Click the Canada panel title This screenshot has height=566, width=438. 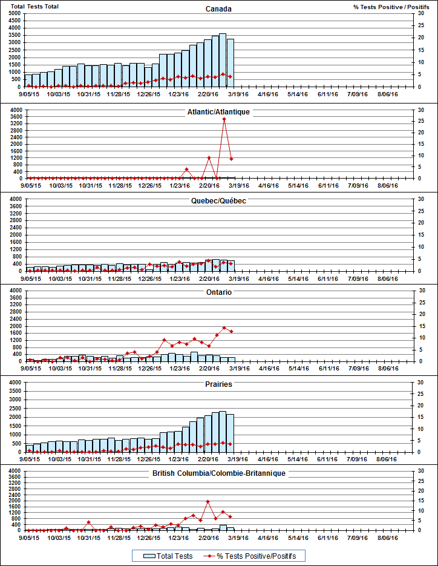pyautogui.click(x=218, y=8)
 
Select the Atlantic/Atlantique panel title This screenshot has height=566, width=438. pyautogui.click(x=218, y=112)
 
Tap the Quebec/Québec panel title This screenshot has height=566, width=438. pyautogui.click(x=218, y=200)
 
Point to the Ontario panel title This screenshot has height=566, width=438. pyautogui.click(x=218, y=292)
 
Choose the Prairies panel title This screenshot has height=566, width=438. pyautogui.click(x=218, y=384)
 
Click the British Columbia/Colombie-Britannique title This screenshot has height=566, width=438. pyautogui.click(x=218, y=473)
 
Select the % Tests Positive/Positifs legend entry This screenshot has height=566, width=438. pyautogui.click(x=251, y=556)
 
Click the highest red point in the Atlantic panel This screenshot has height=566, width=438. pyautogui.click(x=224, y=119)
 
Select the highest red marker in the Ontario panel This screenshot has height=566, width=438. pyautogui.click(x=224, y=328)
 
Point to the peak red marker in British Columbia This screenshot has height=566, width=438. pyautogui.click(x=208, y=501)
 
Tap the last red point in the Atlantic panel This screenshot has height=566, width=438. pyautogui.click(x=231, y=159)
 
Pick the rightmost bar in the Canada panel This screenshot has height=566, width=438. pyautogui.click(x=230, y=63)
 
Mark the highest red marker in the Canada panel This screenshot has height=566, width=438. pyautogui.click(x=223, y=74)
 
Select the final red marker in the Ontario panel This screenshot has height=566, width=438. pyautogui.click(x=231, y=331)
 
